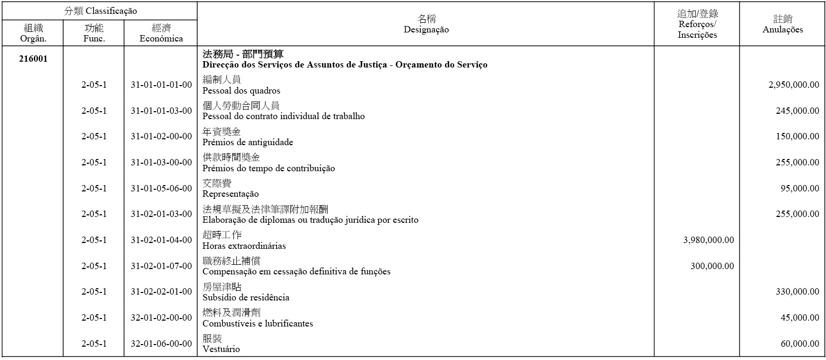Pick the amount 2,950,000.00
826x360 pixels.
click(x=794, y=85)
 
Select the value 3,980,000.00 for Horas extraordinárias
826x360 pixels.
click(x=708, y=240)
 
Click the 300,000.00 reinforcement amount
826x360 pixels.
click(x=712, y=266)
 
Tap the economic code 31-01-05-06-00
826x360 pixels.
click(x=161, y=189)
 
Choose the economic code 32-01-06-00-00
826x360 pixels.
click(x=161, y=344)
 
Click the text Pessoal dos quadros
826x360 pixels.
click(x=241, y=91)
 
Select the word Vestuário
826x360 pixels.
click(x=221, y=349)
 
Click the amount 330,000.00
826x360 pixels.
click(x=797, y=292)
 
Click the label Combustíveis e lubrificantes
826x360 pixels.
click(x=257, y=324)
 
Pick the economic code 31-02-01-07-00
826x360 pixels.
click(x=161, y=266)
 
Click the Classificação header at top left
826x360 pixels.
click(x=101, y=11)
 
